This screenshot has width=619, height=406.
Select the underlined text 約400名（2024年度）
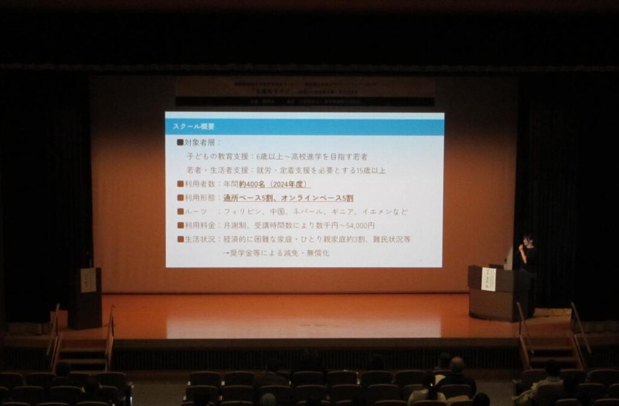click(274, 184)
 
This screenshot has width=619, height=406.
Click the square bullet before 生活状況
click(180, 239)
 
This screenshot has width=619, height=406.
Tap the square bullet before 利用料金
click(180, 225)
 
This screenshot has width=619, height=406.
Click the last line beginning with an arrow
click(276, 253)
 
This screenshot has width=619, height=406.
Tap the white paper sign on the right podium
click(488, 280)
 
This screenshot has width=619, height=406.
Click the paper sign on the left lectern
click(88, 280)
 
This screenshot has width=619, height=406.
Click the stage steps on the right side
click(550, 350)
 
